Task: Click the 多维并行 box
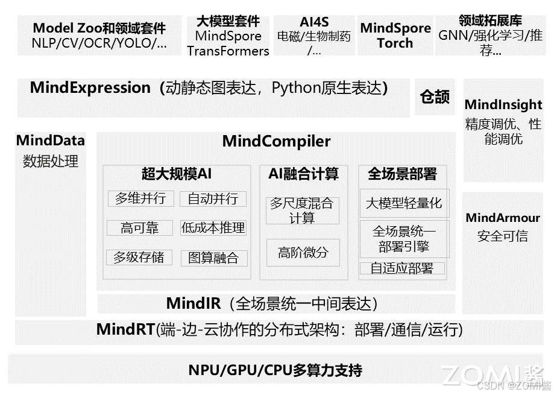click(x=140, y=198)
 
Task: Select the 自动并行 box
click(x=213, y=198)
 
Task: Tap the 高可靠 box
click(x=140, y=228)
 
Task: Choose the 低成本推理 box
click(x=213, y=228)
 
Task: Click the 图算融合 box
click(x=213, y=258)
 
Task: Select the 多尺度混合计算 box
click(x=302, y=210)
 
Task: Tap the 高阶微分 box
click(x=303, y=253)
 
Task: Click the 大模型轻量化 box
click(x=403, y=203)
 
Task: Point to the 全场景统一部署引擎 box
click(x=403, y=239)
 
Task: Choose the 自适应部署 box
click(x=402, y=268)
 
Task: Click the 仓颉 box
click(x=435, y=97)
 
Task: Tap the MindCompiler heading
click(x=276, y=142)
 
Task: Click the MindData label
click(x=51, y=141)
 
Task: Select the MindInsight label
click(x=503, y=105)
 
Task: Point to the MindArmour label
click(x=503, y=218)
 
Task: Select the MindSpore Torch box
click(x=395, y=36)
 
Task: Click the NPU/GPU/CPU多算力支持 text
click(x=275, y=370)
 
